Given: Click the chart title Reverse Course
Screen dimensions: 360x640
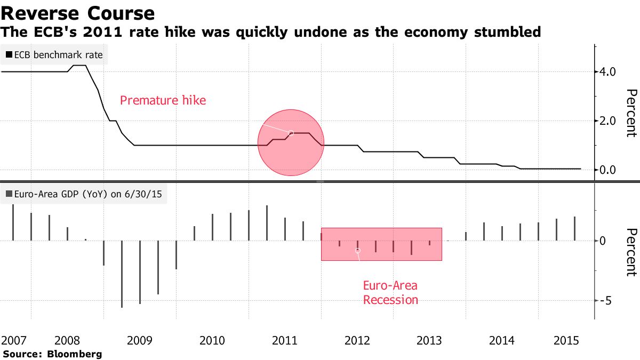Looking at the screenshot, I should point(78,13).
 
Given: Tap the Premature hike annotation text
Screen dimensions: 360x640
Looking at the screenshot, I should point(163,100).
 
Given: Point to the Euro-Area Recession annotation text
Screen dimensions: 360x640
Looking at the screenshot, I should point(390,292).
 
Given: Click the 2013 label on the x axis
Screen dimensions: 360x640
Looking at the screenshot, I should point(428,340).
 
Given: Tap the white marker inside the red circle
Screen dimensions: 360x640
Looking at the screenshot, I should point(291,133).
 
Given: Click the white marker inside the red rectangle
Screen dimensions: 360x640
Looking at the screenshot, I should point(358,250).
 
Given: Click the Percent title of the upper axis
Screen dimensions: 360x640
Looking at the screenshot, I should point(631,113).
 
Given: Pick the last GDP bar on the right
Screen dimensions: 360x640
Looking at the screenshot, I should point(574,229).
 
